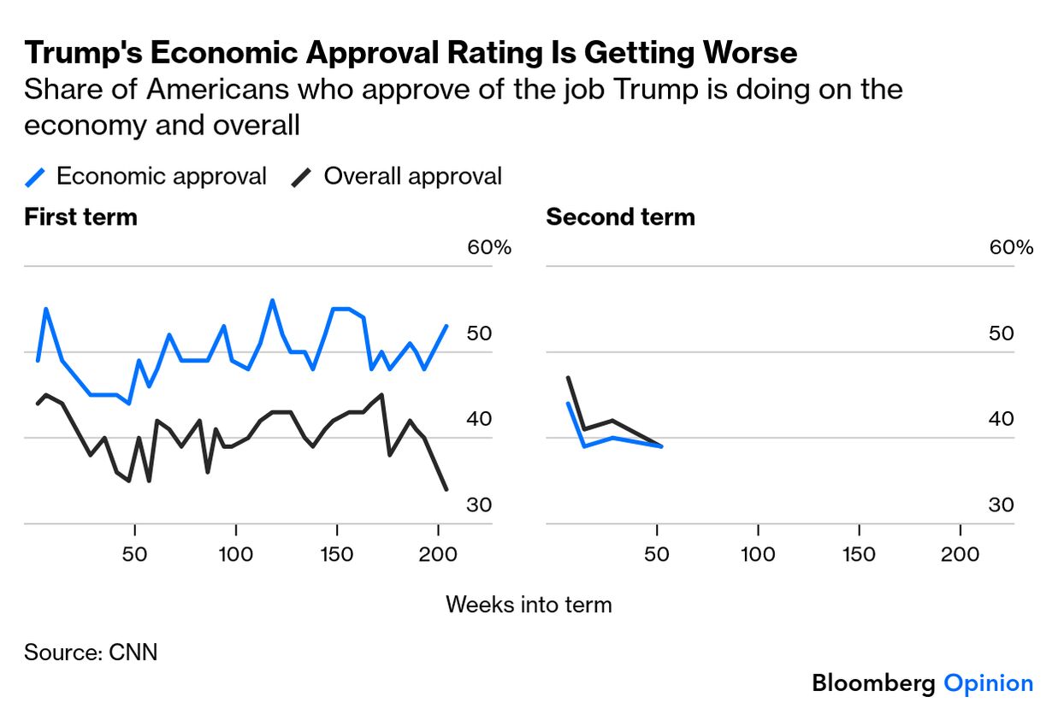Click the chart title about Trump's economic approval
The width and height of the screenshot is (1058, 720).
[x=411, y=53]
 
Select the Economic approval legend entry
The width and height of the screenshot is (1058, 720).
[x=145, y=177]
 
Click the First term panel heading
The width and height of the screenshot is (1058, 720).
[x=80, y=217]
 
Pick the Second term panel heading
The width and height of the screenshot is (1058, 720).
[x=620, y=217]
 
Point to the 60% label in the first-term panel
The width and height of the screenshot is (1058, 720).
[x=488, y=248]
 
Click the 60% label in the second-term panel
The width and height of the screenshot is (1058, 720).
[x=1011, y=248]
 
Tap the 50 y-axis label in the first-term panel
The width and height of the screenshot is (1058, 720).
[x=479, y=333]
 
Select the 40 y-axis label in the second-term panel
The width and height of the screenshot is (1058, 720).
[x=1001, y=419]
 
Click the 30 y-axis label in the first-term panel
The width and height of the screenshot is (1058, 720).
[x=479, y=505]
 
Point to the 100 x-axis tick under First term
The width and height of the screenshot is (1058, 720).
[x=235, y=554]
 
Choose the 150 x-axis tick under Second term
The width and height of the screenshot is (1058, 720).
[x=858, y=554]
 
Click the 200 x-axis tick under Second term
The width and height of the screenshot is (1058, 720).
[x=960, y=554]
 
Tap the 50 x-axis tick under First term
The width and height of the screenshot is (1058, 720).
[x=134, y=554]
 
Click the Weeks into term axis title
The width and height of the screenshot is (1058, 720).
[x=529, y=605]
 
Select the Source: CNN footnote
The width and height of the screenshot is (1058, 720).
[x=91, y=652]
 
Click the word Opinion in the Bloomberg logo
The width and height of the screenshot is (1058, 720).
[x=988, y=683]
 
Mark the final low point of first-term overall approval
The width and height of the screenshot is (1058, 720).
[x=446, y=489]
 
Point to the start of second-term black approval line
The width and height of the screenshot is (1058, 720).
[x=568, y=378]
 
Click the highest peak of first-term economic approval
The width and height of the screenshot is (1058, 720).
[x=272, y=301]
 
